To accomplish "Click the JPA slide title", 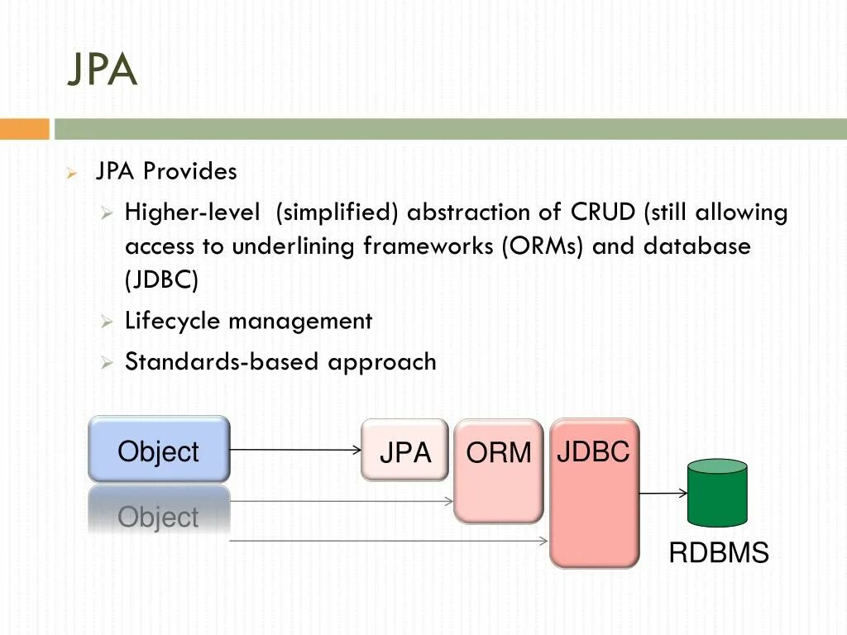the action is pyautogui.click(x=102, y=69).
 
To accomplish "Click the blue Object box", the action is pyautogui.click(x=159, y=449).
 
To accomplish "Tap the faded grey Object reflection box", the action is pyautogui.click(x=159, y=510).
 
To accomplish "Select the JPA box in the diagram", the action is pyautogui.click(x=404, y=450).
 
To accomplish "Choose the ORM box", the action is pyautogui.click(x=499, y=470).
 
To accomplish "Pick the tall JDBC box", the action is pyautogui.click(x=594, y=493).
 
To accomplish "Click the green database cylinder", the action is pyautogui.click(x=717, y=493).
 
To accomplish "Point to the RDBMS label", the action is pyautogui.click(x=719, y=553).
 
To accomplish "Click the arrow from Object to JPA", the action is pyautogui.click(x=295, y=450).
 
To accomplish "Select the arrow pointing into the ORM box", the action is pyautogui.click(x=342, y=501).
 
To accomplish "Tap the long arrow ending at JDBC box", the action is pyautogui.click(x=389, y=541).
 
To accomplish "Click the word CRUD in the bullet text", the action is pyautogui.click(x=603, y=212).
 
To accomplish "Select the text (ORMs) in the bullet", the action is pyautogui.click(x=543, y=246).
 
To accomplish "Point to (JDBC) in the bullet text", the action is pyautogui.click(x=161, y=279).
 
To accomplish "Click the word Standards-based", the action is pyautogui.click(x=222, y=361).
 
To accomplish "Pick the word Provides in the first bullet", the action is pyautogui.click(x=190, y=171).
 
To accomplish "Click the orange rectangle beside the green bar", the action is pyautogui.click(x=24, y=129).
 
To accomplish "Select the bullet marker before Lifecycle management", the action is pyautogui.click(x=107, y=322).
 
